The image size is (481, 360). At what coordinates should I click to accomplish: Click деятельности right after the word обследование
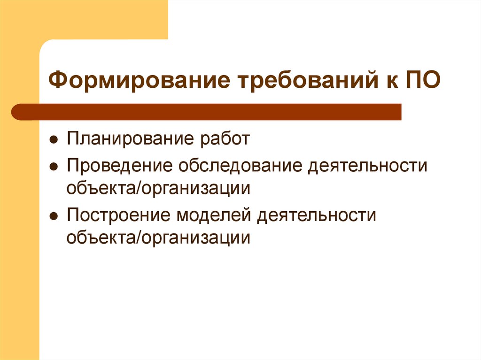[368, 166]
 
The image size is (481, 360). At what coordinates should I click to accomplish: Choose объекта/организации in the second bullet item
[158, 188]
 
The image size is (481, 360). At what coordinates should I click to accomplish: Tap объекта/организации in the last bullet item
[158, 237]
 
